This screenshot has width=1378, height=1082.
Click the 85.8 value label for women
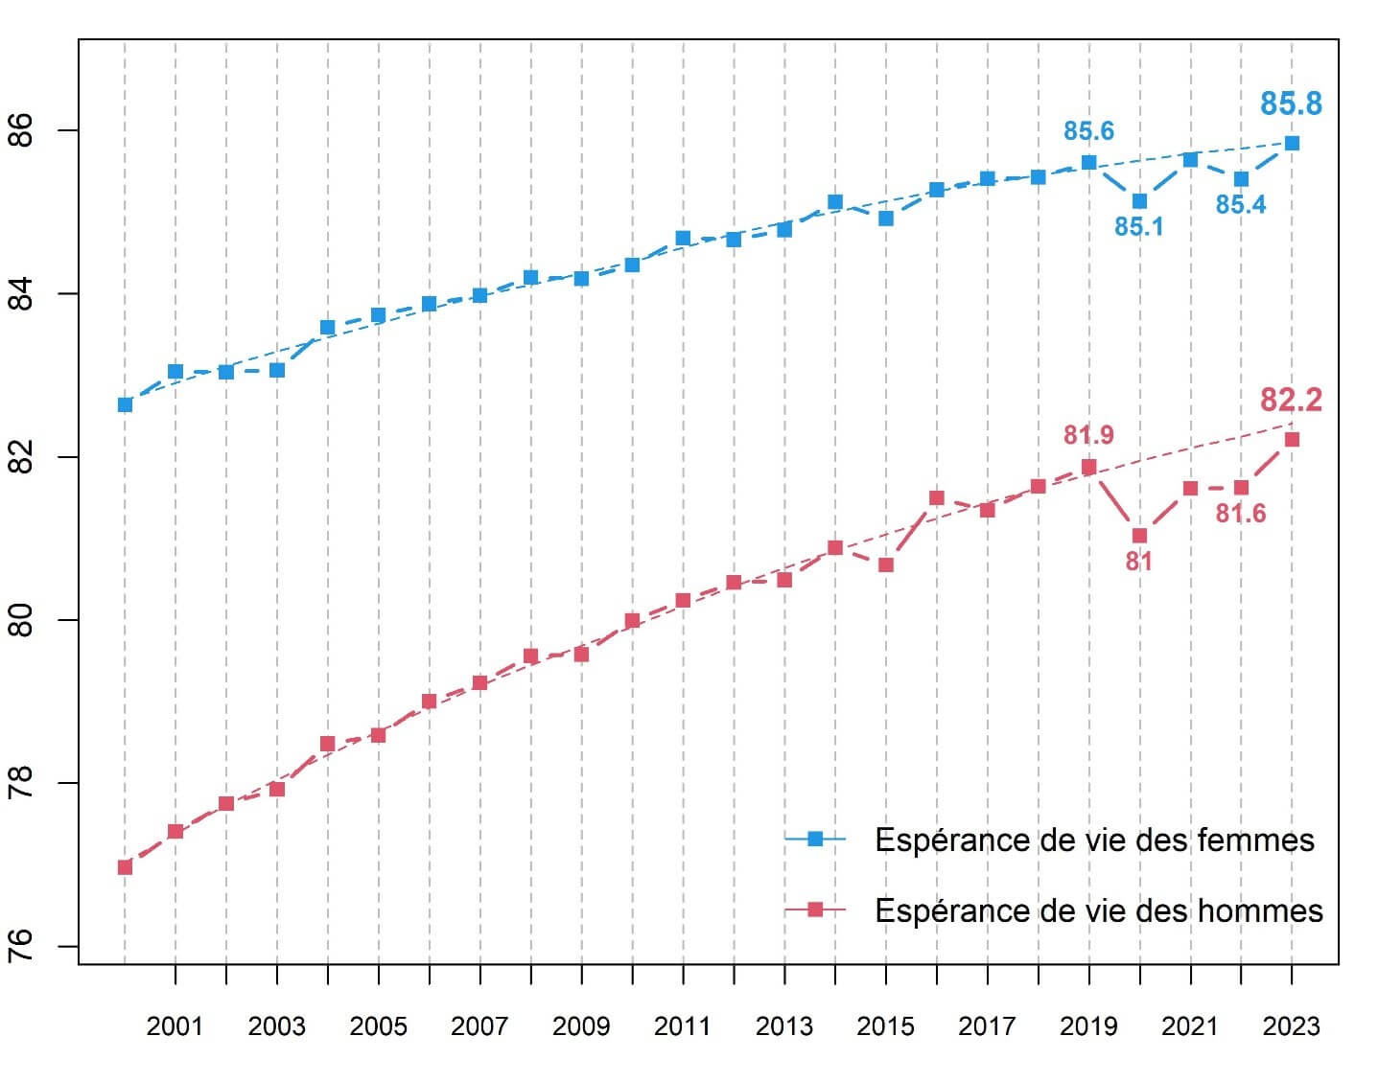pyautogui.click(x=1291, y=104)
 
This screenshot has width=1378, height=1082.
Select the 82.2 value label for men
pyautogui.click(x=1291, y=400)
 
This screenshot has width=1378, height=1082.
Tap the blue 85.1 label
pyautogui.click(x=1138, y=227)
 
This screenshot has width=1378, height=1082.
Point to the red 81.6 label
pyautogui.click(x=1240, y=514)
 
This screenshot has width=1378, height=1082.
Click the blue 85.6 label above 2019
pyautogui.click(x=1088, y=131)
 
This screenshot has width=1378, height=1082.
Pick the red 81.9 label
pyautogui.click(x=1088, y=435)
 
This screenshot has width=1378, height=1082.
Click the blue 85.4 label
pyautogui.click(x=1240, y=204)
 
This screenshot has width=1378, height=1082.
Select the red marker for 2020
pyautogui.click(x=1139, y=536)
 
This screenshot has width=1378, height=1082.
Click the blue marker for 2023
pyautogui.click(x=1292, y=144)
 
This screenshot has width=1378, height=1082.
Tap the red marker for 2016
pyautogui.click(x=937, y=497)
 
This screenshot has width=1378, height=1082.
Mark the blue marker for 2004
pyautogui.click(x=327, y=328)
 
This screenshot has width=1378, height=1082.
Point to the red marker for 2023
pyautogui.click(x=1292, y=440)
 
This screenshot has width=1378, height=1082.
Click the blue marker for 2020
pyautogui.click(x=1139, y=201)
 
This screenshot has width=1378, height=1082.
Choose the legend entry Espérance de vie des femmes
pyautogui.click(x=1093, y=840)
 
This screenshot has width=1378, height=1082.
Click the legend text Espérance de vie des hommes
pyautogui.click(x=1098, y=910)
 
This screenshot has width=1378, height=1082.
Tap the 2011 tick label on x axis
pyautogui.click(x=682, y=1027)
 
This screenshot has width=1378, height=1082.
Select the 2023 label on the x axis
pyautogui.click(x=1291, y=1027)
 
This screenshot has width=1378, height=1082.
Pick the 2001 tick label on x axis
pyautogui.click(x=175, y=1027)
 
